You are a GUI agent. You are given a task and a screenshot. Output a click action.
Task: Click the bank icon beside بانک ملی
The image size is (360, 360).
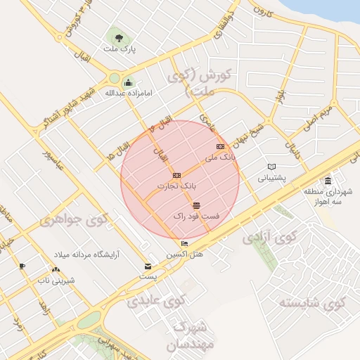220,146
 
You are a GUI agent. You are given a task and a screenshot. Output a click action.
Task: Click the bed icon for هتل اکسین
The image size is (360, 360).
184,243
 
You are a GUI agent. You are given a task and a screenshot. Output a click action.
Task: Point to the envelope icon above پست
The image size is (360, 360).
148,266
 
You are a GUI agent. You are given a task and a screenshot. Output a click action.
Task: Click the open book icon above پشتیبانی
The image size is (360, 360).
271,167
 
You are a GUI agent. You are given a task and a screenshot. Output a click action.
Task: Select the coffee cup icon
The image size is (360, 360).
22,266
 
